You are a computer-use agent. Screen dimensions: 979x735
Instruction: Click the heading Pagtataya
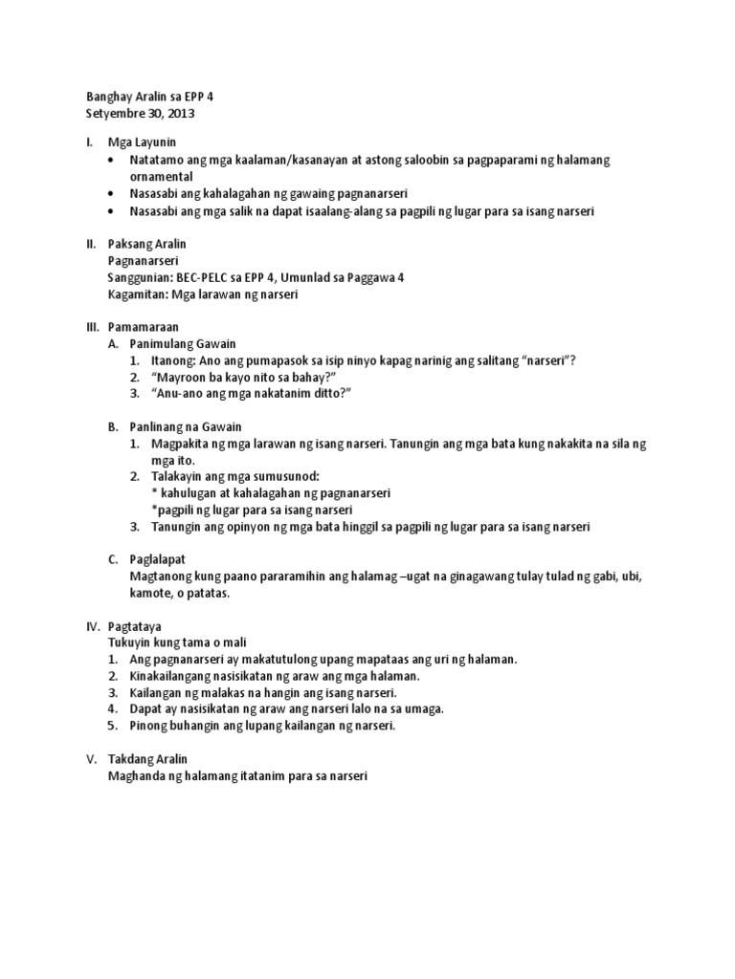(x=141, y=626)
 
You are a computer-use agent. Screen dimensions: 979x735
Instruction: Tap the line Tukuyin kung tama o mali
(x=185, y=642)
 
